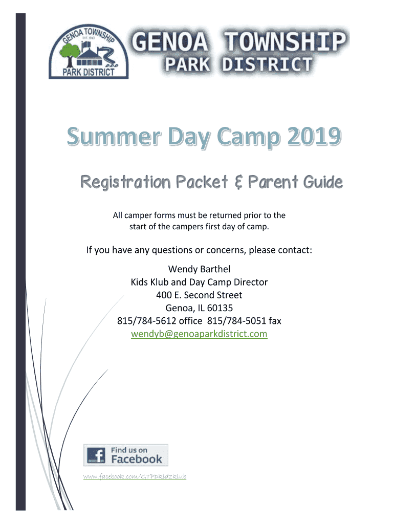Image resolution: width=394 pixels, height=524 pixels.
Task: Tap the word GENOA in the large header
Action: (170, 42)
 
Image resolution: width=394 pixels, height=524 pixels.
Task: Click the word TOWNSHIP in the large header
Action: (284, 41)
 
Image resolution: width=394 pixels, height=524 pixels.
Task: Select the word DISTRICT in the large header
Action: (267, 64)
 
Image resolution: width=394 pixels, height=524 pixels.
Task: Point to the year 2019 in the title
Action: (314, 136)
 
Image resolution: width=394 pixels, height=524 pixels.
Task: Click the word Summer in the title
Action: (114, 136)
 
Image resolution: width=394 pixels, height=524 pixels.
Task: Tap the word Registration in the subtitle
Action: (126, 183)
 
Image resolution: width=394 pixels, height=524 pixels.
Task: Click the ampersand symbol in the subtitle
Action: (238, 183)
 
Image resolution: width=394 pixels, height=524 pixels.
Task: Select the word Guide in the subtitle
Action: (323, 182)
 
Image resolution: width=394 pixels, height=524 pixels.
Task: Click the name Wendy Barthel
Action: (199, 269)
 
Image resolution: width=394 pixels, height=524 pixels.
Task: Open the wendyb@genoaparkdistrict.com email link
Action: (199, 334)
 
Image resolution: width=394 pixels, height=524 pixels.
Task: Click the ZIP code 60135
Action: (220, 308)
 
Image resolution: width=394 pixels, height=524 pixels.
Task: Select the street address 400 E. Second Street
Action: (199, 295)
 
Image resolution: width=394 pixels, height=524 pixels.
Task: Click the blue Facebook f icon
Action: (96, 455)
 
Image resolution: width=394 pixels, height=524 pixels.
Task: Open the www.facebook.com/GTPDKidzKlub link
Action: (135, 476)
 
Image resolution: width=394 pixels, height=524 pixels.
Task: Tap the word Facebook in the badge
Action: (137, 459)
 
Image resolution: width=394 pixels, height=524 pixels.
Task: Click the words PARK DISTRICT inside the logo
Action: (89, 72)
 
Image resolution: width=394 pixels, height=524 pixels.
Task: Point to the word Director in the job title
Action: (251, 282)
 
